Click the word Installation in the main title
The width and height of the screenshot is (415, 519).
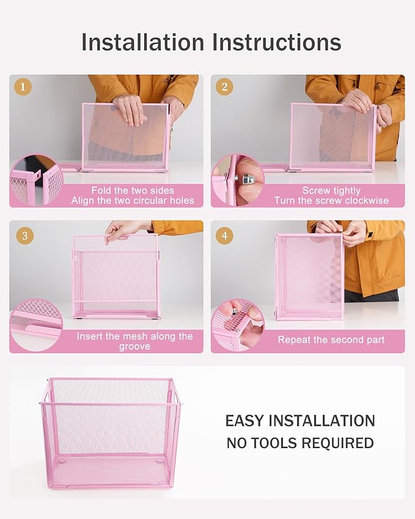point(143,42)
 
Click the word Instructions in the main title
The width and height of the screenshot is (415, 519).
point(276,42)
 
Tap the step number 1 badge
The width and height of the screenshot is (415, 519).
point(23,87)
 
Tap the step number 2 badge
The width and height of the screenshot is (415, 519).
point(224,87)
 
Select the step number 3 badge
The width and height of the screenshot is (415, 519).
point(23,235)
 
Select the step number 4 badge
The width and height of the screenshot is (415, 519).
point(224,235)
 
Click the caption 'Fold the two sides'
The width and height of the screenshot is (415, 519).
point(133,191)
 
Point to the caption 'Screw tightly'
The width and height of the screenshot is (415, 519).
point(331,191)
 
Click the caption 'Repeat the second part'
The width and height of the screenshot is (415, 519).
point(331,339)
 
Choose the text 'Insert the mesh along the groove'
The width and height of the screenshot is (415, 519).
point(134,341)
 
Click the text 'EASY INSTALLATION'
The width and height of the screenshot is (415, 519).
point(300,421)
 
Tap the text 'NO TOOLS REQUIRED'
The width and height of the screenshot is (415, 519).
point(300,443)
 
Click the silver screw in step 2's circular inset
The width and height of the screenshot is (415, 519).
point(250,179)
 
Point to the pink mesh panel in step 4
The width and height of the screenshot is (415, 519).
point(309,275)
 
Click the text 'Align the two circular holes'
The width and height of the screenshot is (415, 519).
point(133,201)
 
